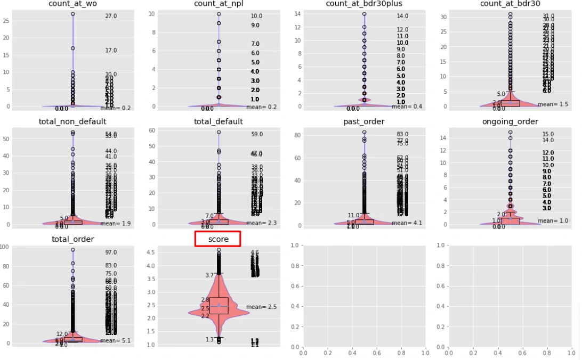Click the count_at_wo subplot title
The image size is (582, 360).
click(x=72, y=4)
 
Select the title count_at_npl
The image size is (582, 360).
click(x=219, y=4)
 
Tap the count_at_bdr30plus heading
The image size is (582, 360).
click(x=364, y=4)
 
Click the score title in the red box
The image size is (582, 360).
click(x=219, y=239)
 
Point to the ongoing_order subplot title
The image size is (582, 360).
click(x=510, y=121)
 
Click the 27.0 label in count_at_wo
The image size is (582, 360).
click(x=111, y=17)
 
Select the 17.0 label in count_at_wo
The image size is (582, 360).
click(x=111, y=51)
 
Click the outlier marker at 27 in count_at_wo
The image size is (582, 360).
click(x=73, y=14)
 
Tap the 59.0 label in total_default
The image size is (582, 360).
click(x=257, y=134)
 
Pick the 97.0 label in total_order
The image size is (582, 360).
click(x=111, y=252)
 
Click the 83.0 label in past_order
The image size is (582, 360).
click(x=402, y=134)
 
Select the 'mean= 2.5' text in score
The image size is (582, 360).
click(x=261, y=307)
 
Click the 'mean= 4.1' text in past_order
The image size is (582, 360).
click(x=407, y=223)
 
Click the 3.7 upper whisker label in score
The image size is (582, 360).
click(x=209, y=275)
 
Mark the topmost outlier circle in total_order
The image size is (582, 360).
click(x=73, y=250)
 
